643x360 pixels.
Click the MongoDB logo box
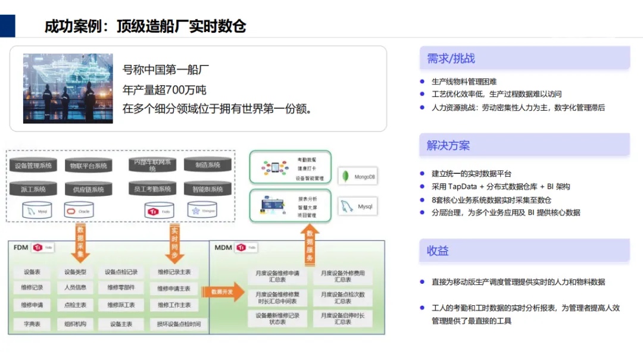tap(357, 177)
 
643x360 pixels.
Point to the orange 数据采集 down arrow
tap(81, 242)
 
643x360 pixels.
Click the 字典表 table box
tap(32, 324)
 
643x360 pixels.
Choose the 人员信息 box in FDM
tap(75, 288)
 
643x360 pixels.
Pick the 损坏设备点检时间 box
tap(179, 324)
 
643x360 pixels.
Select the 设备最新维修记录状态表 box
tap(277, 318)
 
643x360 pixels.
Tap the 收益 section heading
tap(438, 251)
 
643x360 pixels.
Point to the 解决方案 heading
tap(448, 145)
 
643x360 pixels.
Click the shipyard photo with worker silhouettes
tap(68, 88)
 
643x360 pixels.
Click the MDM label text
tap(223, 248)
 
